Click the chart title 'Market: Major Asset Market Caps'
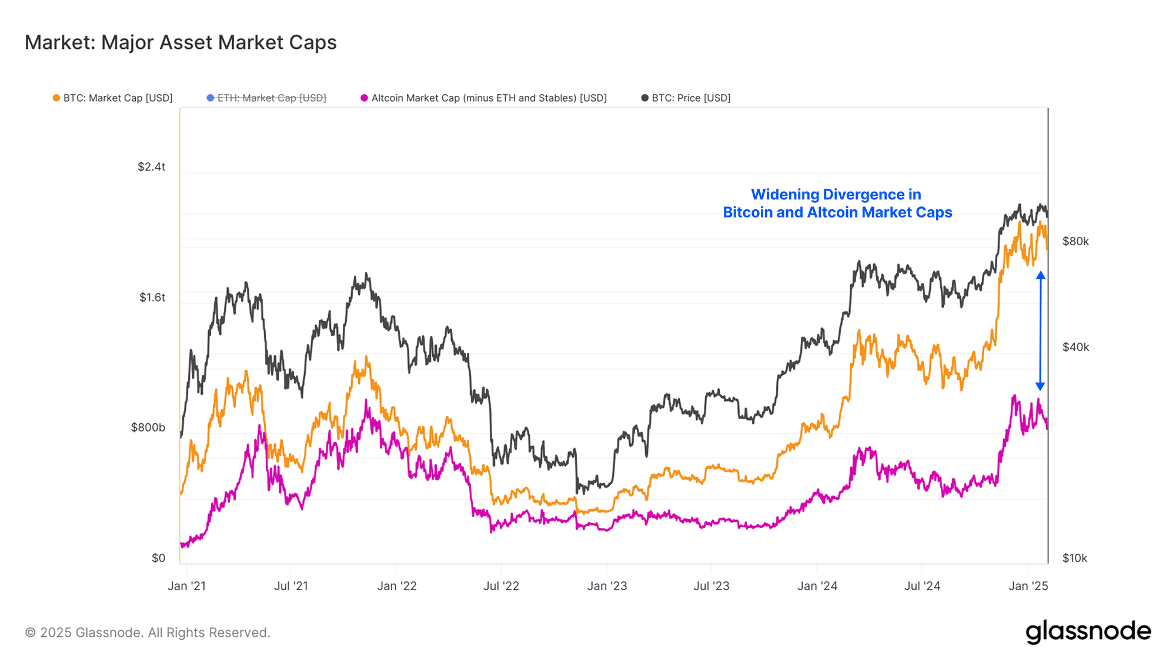click(x=181, y=42)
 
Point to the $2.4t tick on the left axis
click(x=151, y=167)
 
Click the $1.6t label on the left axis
click(x=152, y=297)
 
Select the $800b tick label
click(x=148, y=427)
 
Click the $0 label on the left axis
click(x=158, y=558)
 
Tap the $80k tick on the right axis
click(x=1075, y=242)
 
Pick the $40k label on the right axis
click(x=1075, y=347)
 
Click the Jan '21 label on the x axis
click(x=186, y=586)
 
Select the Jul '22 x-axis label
click(x=501, y=586)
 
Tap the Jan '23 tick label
click(x=607, y=586)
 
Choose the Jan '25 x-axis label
click(x=1028, y=586)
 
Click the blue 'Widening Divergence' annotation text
click(x=837, y=203)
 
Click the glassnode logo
click(x=1088, y=631)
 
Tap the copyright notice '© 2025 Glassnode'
click(x=148, y=633)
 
